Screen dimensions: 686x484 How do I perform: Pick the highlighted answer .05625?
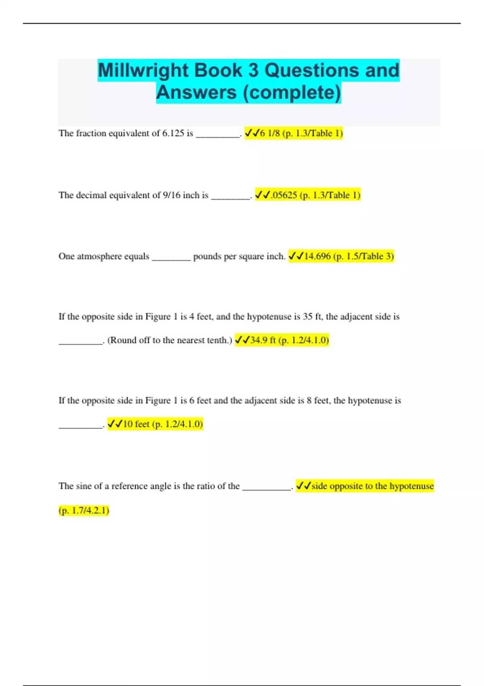(284, 195)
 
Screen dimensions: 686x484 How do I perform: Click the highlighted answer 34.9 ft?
(263, 340)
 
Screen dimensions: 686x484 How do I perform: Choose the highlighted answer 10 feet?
(136, 424)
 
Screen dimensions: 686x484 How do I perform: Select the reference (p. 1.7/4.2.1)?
(84, 510)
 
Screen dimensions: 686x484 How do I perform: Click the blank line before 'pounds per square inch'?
(171, 258)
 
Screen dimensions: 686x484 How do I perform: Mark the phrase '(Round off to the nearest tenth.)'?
(169, 340)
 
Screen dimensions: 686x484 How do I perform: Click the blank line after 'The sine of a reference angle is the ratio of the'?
(267, 488)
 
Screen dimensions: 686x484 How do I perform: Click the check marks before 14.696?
(296, 256)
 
